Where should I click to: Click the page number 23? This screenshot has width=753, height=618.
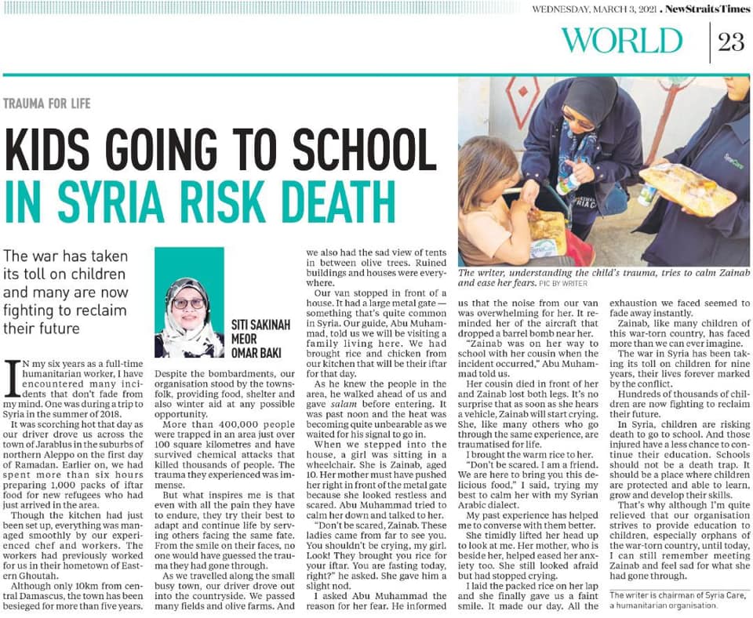click(x=730, y=42)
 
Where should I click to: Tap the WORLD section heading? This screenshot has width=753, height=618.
click(x=622, y=41)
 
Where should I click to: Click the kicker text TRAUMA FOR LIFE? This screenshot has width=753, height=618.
click(x=47, y=103)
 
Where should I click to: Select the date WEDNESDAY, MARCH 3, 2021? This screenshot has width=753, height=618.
click(x=594, y=9)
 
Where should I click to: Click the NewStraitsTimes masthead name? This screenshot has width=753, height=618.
click(x=705, y=9)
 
